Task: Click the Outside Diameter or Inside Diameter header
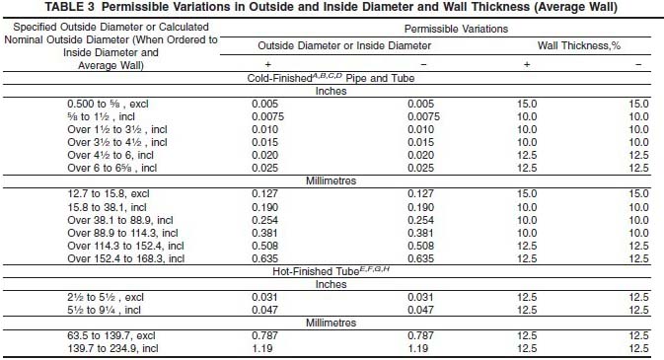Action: pyautogui.click(x=344, y=46)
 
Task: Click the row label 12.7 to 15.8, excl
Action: pyautogui.click(x=106, y=194)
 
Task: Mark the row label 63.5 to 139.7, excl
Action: pyautogui.click(x=108, y=335)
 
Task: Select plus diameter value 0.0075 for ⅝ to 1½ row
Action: pyautogui.click(x=269, y=116)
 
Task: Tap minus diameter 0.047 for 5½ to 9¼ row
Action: pyautogui.click(x=425, y=310)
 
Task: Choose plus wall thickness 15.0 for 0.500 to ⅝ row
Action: pyautogui.click(x=527, y=104)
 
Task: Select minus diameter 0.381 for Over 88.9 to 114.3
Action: pyautogui.click(x=425, y=233)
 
